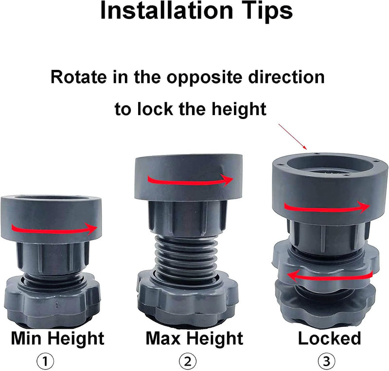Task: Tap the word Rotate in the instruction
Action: point(79,77)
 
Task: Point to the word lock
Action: point(155,109)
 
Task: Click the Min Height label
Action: point(57,339)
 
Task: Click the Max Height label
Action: point(194,339)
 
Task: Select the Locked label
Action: point(329,338)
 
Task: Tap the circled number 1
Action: point(45,361)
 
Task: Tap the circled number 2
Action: point(188,361)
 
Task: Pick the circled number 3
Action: point(326,361)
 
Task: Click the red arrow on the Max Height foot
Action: point(190,181)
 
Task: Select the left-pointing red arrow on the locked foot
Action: point(330,276)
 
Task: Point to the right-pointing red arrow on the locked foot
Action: point(327,208)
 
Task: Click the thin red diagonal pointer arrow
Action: point(293,137)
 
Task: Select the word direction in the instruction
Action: point(286,77)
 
